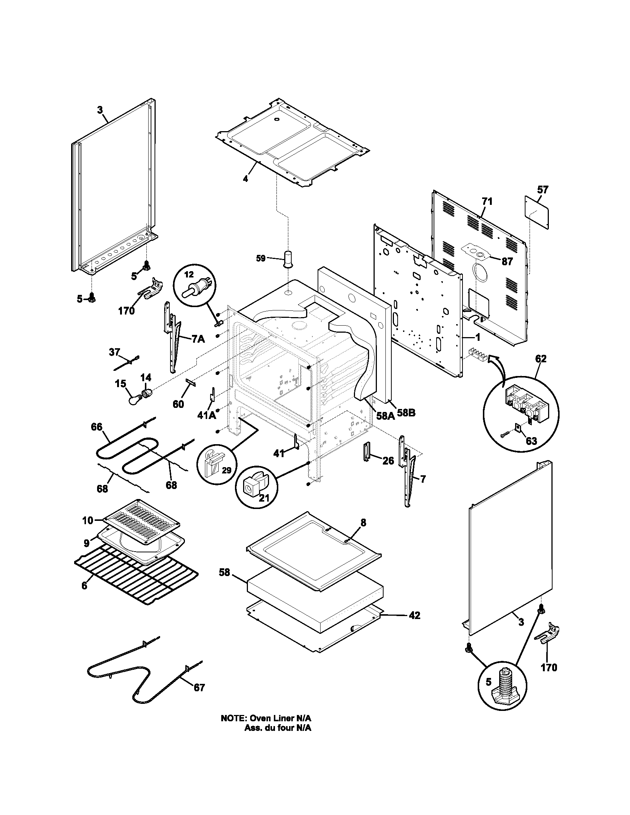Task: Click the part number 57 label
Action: [x=542, y=190]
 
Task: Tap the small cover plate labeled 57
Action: [x=537, y=212]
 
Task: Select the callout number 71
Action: [x=487, y=202]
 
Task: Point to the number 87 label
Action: [x=507, y=262]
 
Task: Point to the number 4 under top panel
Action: [x=245, y=179]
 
